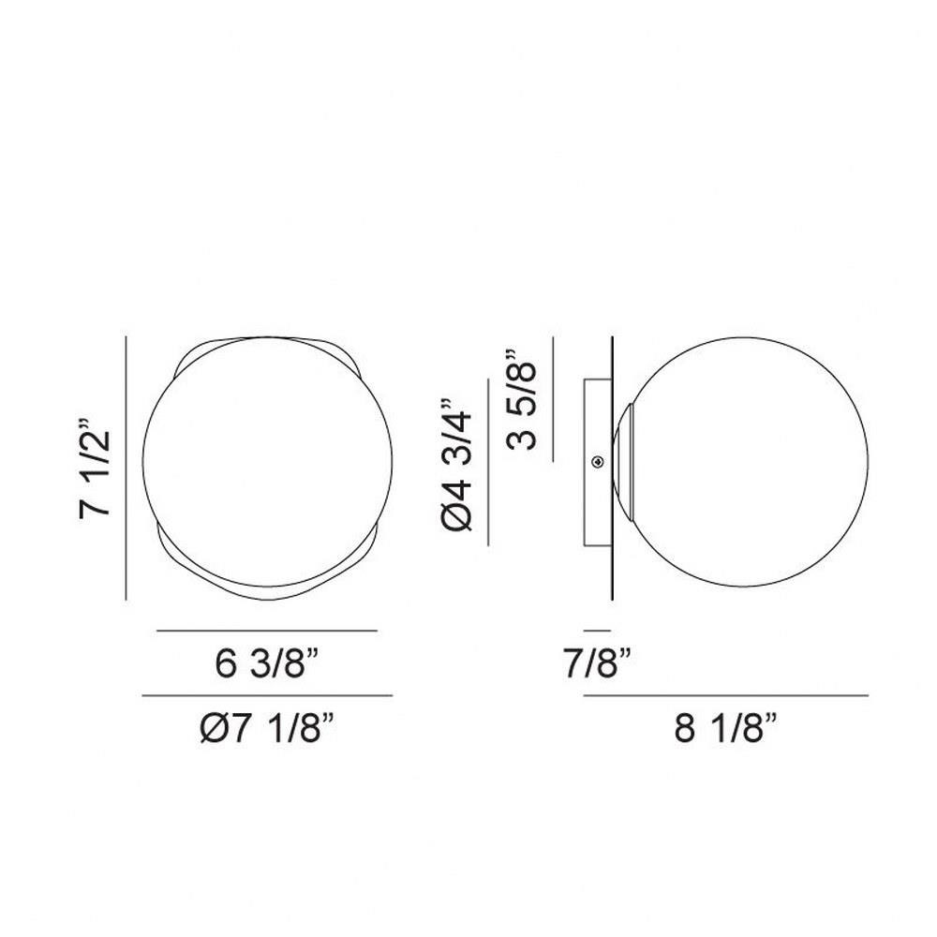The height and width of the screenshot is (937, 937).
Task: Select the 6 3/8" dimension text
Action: [267, 663]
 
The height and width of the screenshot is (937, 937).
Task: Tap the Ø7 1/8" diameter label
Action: [266, 728]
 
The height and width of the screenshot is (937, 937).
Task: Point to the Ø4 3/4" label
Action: [456, 464]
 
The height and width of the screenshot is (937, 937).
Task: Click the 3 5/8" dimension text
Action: [521, 398]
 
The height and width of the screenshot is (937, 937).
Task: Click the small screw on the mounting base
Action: [597, 461]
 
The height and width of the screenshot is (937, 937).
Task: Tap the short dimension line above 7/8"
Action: [598, 631]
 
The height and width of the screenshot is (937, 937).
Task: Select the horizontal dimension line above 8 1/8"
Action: [726, 695]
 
